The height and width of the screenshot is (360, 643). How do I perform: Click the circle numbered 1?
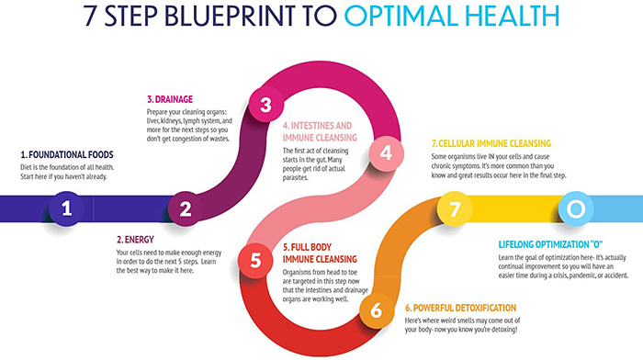click(x=66, y=209)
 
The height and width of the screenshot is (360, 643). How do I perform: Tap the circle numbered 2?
click(x=186, y=209)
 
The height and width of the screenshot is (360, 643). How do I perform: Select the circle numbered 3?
click(x=265, y=106)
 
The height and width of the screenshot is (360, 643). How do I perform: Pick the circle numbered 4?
click(x=386, y=152)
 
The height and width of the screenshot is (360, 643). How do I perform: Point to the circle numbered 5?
click(x=255, y=261)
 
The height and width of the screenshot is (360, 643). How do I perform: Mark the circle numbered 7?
click(x=454, y=209)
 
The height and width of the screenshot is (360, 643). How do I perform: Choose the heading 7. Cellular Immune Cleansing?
click(x=491, y=144)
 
